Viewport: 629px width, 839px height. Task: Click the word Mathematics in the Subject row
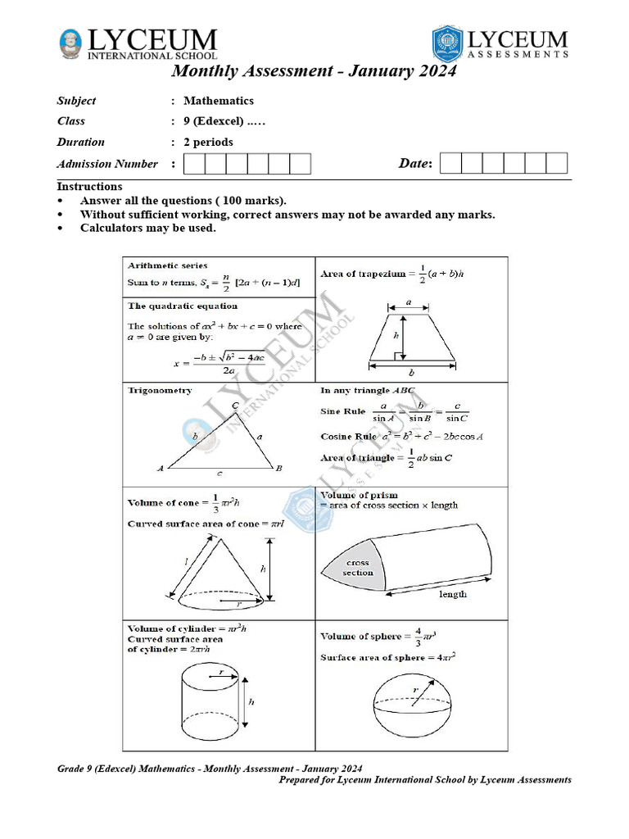coord(218,101)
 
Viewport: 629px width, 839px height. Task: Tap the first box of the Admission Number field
coord(194,164)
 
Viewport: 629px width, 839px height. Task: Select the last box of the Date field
coord(557,163)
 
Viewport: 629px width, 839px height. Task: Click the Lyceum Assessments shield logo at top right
coord(447,43)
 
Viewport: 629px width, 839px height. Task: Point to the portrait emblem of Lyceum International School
coord(72,44)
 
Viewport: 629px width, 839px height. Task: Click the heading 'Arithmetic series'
coord(168,265)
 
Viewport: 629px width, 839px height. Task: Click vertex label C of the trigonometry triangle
coord(236,406)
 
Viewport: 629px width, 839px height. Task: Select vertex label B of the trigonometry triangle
coord(279,469)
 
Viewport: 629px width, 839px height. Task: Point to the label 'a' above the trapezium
coord(409,302)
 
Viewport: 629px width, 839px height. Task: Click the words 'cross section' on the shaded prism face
coord(358,568)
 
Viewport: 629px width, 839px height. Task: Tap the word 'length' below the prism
coord(453,593)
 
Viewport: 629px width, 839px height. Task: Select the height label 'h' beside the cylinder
coord(251,702)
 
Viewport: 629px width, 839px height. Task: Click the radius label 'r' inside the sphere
coord(415,691)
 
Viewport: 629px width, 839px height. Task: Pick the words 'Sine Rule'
coord(341,410)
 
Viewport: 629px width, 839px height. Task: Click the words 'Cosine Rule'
coord(346,437)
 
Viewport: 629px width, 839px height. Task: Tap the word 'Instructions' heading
coord(89,187)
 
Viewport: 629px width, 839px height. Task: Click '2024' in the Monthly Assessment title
coord(428,71)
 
